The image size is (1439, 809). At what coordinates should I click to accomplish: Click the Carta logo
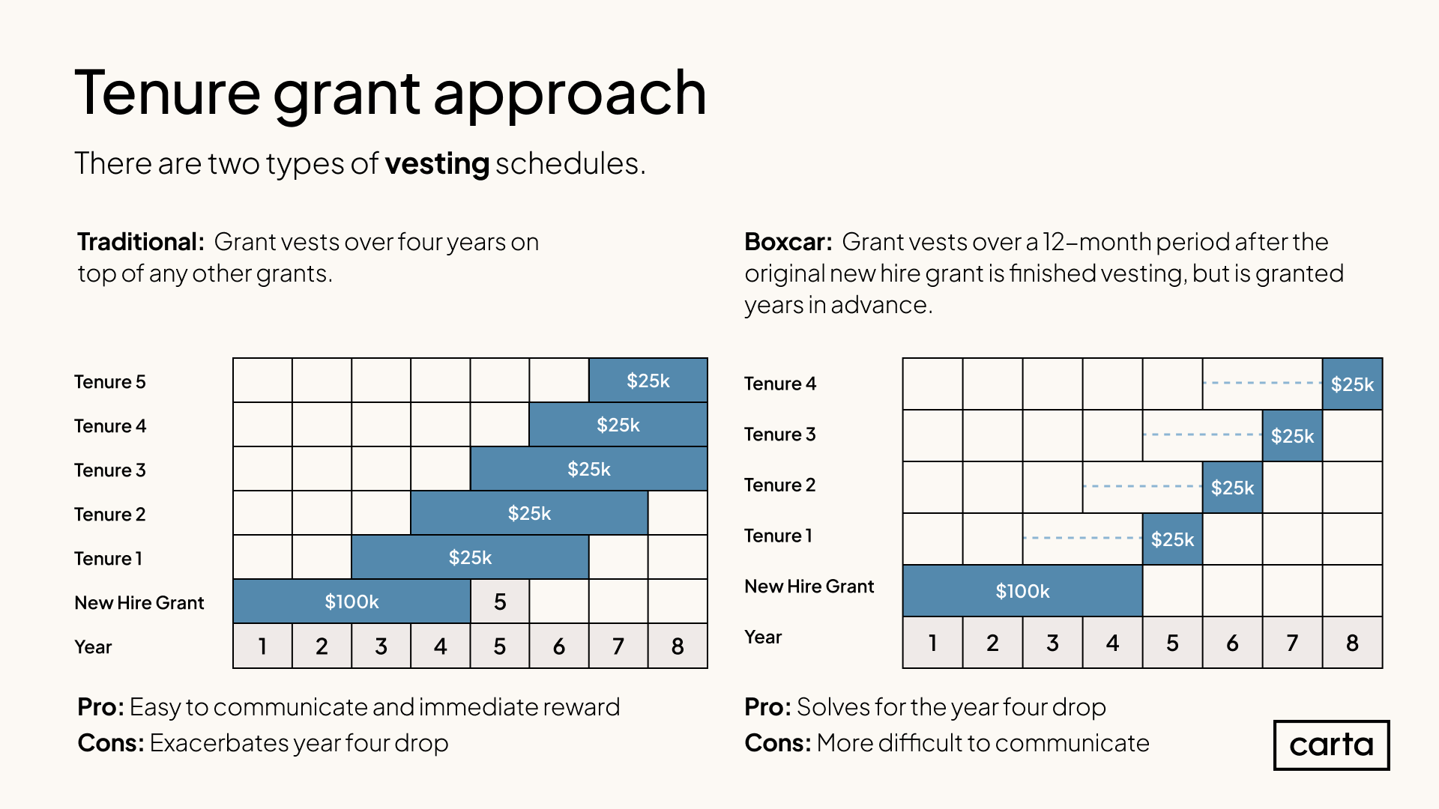pyautogui.click(x=1331, y=745)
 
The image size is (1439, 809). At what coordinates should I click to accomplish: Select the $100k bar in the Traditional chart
pyautogui.click(x=352, y=602)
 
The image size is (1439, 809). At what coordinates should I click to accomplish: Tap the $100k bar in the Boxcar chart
pyautogui.click(x=1022, y=591)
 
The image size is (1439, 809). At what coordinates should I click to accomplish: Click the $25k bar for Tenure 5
pyautogui.click(x=648, y=381)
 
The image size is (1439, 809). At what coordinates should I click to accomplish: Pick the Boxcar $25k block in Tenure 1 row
pyautogui.click(x=1172, y=539)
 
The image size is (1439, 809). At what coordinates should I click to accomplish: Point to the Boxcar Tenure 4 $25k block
pyautogui.click(x=1352, y=384)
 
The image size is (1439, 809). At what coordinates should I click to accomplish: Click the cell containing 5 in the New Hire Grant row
pyautogui.click(x=500, y=602)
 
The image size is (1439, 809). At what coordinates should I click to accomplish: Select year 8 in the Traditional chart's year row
pyautogui.click(x=678, y=646)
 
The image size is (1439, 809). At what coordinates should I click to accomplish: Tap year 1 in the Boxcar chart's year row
pyautogui.click(x=932, y=643)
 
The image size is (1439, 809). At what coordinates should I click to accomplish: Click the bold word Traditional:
pyautogui.click(x=140, y=242)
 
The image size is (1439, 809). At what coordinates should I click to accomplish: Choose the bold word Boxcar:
pyautogui.click(x=788, y=242)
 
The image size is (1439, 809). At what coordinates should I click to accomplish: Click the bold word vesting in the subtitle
pyautogui.click(x=437, y=163)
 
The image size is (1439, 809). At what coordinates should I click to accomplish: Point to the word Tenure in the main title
pyautogui.click(x=167, y=93)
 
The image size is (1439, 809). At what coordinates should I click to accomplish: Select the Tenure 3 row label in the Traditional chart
pyautogui.click(x=110, y=470)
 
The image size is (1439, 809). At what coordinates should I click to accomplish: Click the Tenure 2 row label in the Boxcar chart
pyautogui.click(x=779, y=485)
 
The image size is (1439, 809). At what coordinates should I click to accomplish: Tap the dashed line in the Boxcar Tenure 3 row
pyautogui.click(x=1202, y=434)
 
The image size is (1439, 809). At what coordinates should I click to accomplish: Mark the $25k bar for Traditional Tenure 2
pyautogui.click(x=529, y=513)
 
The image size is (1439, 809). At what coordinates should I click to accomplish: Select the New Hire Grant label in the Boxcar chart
pyautogui.click(x=809, y=587)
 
